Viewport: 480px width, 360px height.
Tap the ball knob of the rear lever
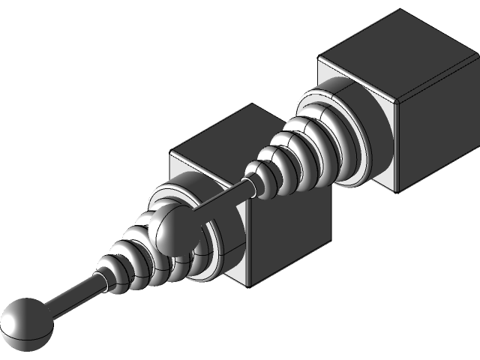[172, 230]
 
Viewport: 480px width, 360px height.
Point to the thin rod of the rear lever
[221, 198]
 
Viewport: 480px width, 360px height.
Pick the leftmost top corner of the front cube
[171, 153]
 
